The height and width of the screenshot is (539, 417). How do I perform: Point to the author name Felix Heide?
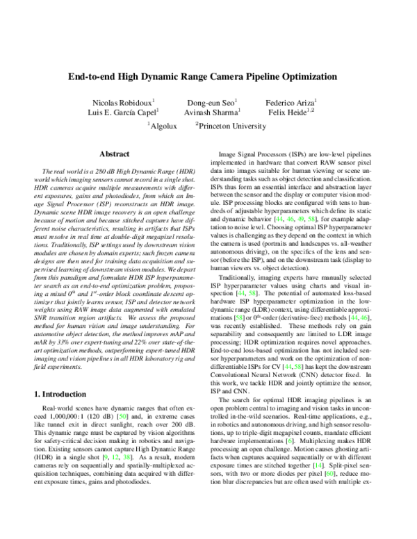pos(290,113)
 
